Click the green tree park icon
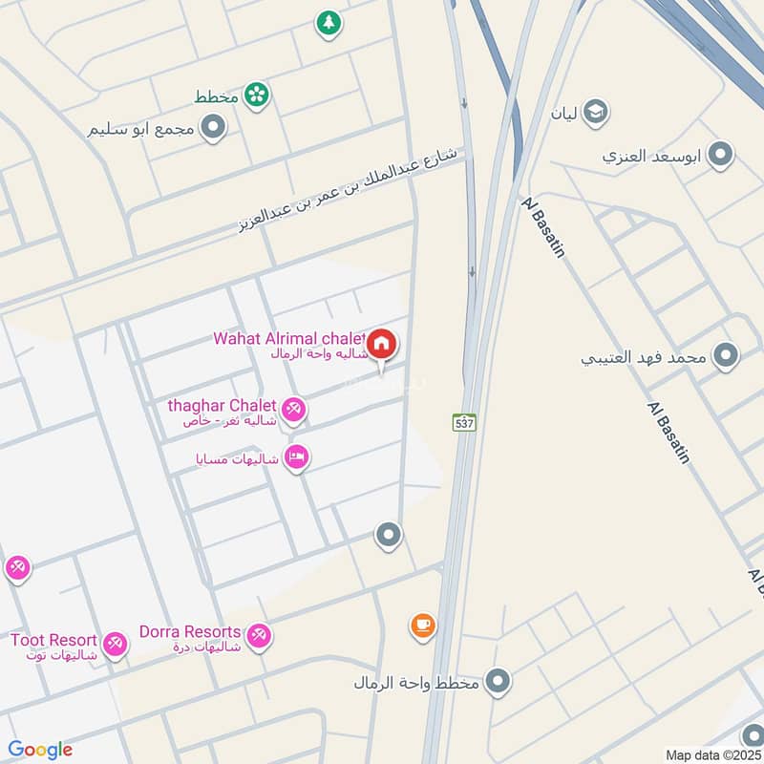click(x=329, y=24)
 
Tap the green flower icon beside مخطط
click(x=256, y=94)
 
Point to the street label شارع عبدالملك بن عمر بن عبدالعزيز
click(x=349, y=191)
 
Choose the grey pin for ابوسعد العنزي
click(x=721, y=153)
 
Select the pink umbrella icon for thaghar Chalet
click(x=294, y=411)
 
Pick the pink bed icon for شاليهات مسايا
click(x=296, y=458)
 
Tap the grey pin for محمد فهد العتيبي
click(x=727, y=356)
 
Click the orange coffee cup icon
click(x=422, y=626)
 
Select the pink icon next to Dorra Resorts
click(x=258, y=635)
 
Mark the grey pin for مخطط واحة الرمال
click(x=497, y=681)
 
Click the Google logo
click(x=40, y=750)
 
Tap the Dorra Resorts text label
click(x=190, y=631)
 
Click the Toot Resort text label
click(x=53, y=639)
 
